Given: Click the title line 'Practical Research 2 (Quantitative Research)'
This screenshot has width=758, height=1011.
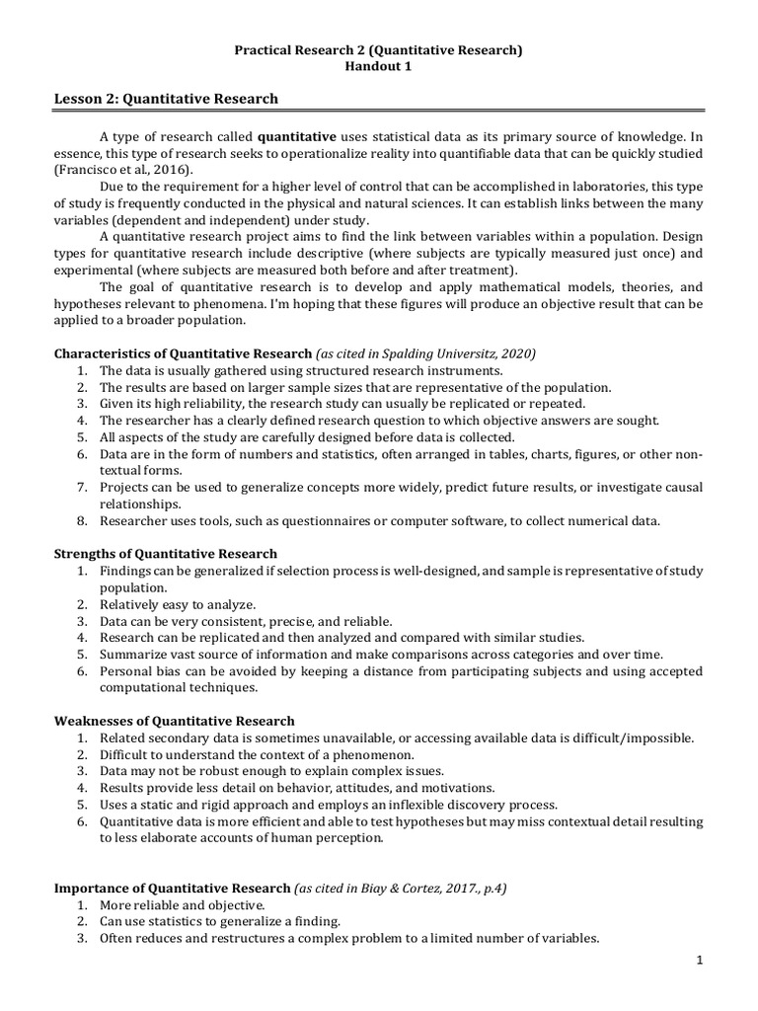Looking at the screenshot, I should point(378,48).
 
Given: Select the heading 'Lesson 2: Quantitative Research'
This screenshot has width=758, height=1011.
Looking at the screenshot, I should point(166,99).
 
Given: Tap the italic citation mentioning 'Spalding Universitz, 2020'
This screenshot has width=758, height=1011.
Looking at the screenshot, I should point(426,352).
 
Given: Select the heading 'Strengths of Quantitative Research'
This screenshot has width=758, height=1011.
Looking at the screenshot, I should point(165,554).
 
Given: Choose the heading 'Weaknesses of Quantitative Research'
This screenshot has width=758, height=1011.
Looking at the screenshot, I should point(174,722).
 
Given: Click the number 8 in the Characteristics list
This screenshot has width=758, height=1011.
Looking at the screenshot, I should point(80,520).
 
